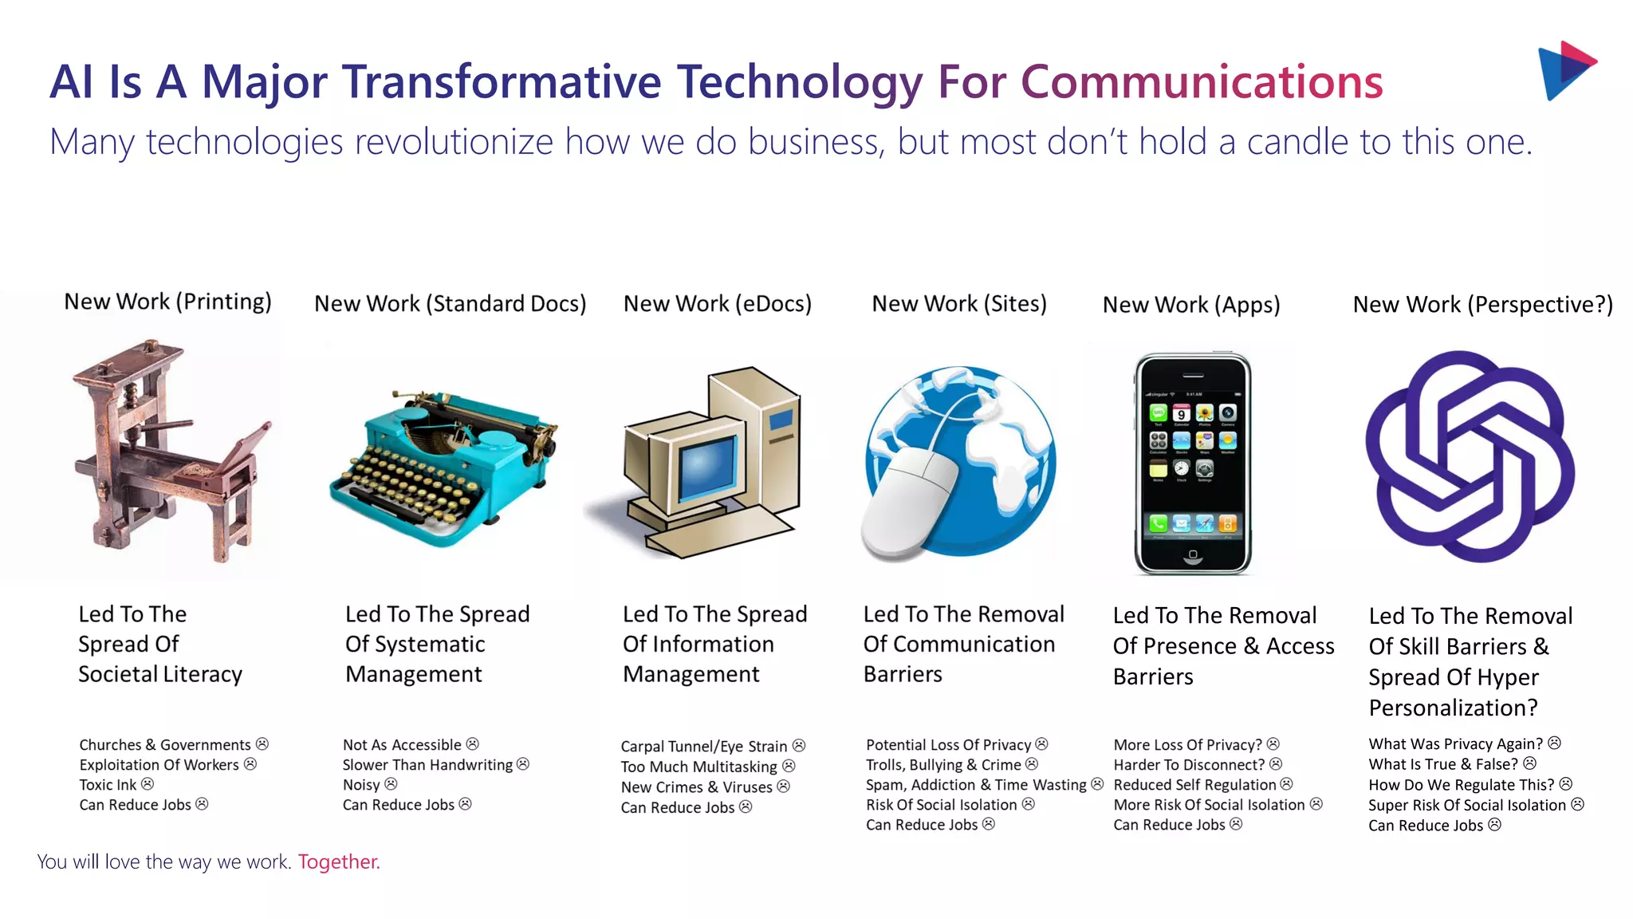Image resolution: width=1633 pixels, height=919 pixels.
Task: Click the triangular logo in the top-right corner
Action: pos(1564,70)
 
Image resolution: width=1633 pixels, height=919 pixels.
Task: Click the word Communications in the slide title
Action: pos(1202,82)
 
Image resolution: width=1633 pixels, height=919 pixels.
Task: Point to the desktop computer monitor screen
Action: pos(706,471)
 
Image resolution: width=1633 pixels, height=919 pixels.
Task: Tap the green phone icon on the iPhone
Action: pos(1158,524)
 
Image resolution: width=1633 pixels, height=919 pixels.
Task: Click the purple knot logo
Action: pos(1469,457)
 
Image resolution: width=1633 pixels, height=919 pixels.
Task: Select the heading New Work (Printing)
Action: pos(167,302)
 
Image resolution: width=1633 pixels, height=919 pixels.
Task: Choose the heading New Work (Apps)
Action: pos(1191,305)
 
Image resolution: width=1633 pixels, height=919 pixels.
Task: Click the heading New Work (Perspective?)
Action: pos(1482,305)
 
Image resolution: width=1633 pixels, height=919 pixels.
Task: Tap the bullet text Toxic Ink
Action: pos(108,785)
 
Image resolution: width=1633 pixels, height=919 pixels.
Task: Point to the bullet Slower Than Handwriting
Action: pos(427,765)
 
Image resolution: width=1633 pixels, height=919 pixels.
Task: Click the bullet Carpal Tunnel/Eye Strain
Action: pos(704,747)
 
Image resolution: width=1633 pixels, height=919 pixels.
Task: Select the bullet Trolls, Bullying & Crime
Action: pos(943,765)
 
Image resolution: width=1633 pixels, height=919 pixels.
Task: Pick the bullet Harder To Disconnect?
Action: pos(1189,765)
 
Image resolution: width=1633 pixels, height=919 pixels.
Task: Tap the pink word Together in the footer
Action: pos(339,862)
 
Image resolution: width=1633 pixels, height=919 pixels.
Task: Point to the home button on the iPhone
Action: pos(1193,554)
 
